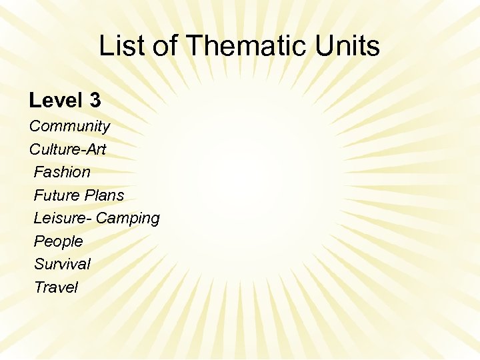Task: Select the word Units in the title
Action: (x=349, y=46)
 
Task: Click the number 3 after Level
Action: (x=95, y=101)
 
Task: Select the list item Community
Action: (x=69, y=126)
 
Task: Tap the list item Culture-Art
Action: (x=67, y=149)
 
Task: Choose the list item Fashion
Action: (x=62, y=172)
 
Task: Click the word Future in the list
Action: (x=56, y=195)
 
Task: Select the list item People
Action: (x=59, y=241)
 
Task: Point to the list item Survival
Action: (x=62, y=264)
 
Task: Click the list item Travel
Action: (x=56, y=287)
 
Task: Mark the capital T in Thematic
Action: (x=194, y=46)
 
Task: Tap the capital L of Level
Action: (x=34, y=101)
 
